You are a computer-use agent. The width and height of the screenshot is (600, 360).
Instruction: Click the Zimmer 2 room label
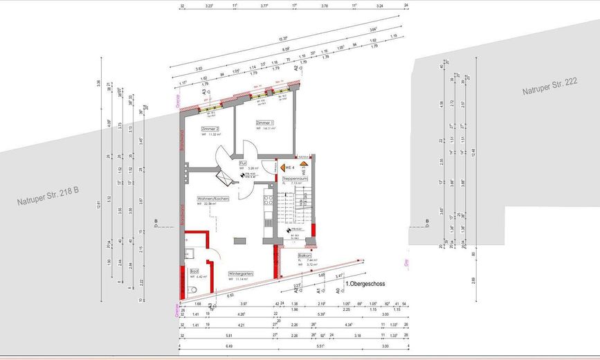point(210,129)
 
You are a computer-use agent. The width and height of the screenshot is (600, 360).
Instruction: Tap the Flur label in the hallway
point(244,163)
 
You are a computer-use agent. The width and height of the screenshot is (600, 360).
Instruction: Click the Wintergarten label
point(241,274)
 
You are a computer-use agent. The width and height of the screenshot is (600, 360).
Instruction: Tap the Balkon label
point(304,255)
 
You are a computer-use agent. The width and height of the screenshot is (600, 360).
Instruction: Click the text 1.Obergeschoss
point(365,284)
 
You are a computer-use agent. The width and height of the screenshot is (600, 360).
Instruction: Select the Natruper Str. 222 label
point(550,86)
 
